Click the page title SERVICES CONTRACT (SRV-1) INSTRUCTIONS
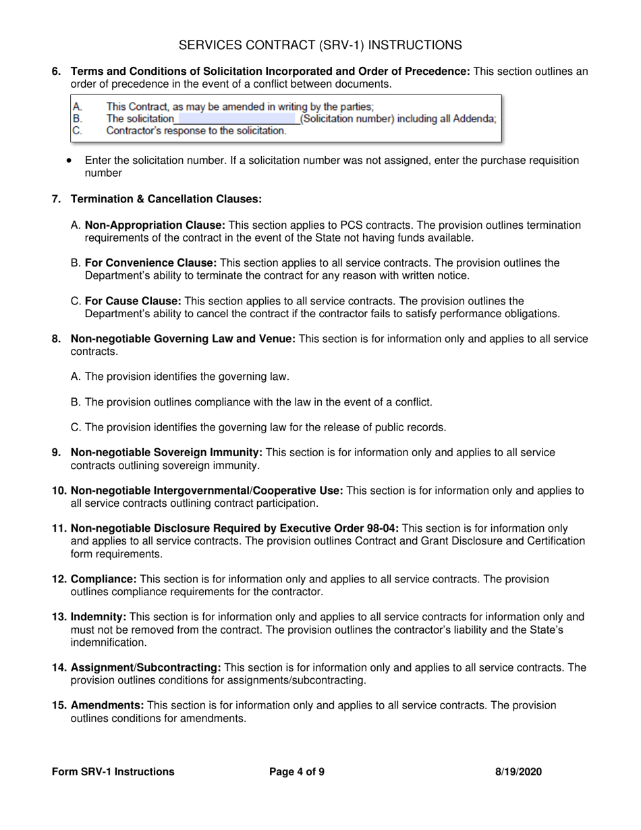pyautogui.click(x=320, y=45)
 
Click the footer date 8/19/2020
pyautogui.click(x=518, y=772)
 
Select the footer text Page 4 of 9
pyautogui.click(x=297, y=772)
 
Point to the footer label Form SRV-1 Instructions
pyautogui.click(x=113, y=772)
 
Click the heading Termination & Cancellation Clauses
pyautogui.click(x=166, y=199)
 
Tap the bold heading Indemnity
pyautogui.click(x=99, y=617)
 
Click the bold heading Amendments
pyautogui.click(x=107, y=706)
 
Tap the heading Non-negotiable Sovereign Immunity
pyautogui.click(x=166, y=452)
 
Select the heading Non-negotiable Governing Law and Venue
pyautogui.click(x=183, y=339)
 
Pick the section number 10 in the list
pyautogui.click(x=59, y=491)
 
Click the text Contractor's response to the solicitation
pyautogui.click(x=196, y=131)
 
